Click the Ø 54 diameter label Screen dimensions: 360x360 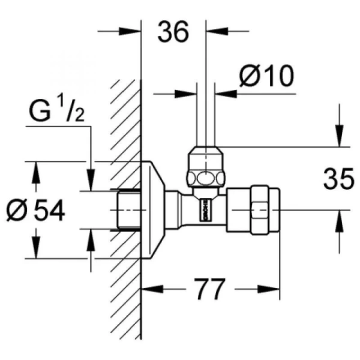pyautogui.click(x=35, y=210)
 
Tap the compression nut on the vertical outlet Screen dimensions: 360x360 pyautogui.click(x=206, y=169)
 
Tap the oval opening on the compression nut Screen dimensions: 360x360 pyautogui.click(x=206, y=178)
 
